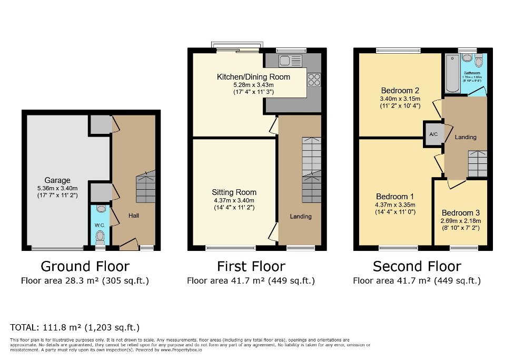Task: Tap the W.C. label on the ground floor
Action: (x=100, y=225)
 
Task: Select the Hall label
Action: (x=134, y=216)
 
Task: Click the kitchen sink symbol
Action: (x=290, y=61)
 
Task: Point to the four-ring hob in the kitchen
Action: (x=314, y=80)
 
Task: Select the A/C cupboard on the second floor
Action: (x=433, y=134)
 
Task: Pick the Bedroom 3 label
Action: (x=460, y=213)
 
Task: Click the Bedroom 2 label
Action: (x=400, y=90)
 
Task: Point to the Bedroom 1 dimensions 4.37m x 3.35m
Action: (x=395, y=205)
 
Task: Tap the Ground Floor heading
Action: (x=85, y=267)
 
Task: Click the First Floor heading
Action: (x=251, y=267)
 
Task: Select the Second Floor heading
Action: (x=417, y=267)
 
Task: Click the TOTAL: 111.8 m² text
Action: (x=75, y=327)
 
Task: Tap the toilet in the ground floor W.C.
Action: (x=100, y=239)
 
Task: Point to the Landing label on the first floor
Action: (x=301, y=216)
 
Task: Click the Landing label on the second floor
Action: (x=466, y=137)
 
